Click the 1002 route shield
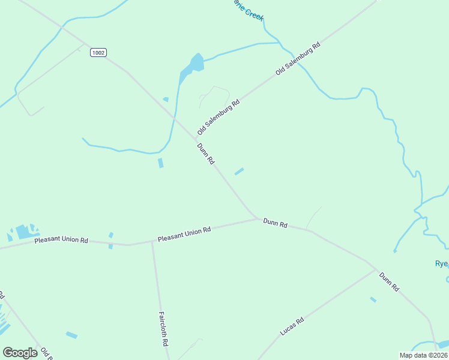pyautogui.click(x=98, y=53)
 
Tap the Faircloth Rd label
pyautogui.click(x=162, y=328)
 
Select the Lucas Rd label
pyautogui.click(x=292, y=326)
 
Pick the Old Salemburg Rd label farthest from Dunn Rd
pyautogui.click(x=298, y=59)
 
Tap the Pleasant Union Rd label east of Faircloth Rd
pyautogui.click(x=184, y=234)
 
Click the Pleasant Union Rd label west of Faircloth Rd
pyautogui.click(x=61, y=240)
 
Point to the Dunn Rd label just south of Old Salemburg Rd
pyautogui.click(x=205, y=154)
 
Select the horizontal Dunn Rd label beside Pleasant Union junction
pyautogui.click(x=275, y=223)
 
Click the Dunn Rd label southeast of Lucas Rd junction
pyautogui.click(x=388, y=281)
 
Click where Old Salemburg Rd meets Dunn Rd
pyautogui.click(x=194, y=140)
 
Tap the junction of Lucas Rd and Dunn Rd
pyautogui.click(x=376, y=269)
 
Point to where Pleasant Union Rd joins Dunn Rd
pyautogui.click(x=257, y=218)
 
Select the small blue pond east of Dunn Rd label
pyautogui.click(x=239, y=172)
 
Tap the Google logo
pyautogui.click(x=20, y=352)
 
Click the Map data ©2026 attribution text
pyautogui.click(x=423, y=355)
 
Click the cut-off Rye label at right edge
pyautogui.click(x=442, y=263)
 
